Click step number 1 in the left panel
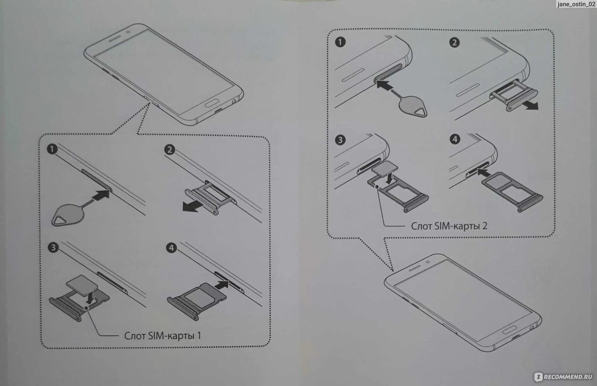[52, 149]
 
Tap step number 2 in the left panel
[170, 150]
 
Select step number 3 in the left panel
[53, 247]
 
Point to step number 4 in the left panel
[171, 248]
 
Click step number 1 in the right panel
[340, 42]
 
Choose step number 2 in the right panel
[454, 42]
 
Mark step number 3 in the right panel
[340, 140]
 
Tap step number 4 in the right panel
[455, 139]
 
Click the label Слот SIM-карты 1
[163, 336]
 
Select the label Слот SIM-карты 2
[449, 226]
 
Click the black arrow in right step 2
[529, 105]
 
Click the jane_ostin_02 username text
[576, 4]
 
